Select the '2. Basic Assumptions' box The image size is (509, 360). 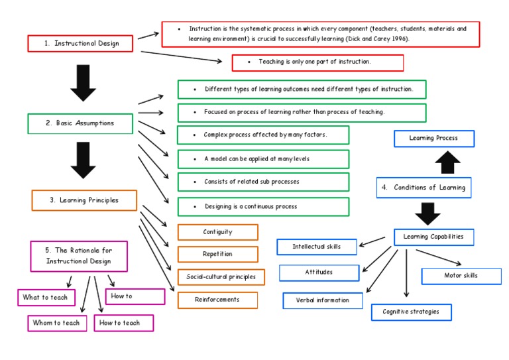(x=80, y=123)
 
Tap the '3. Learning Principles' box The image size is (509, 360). (x=84, y=200)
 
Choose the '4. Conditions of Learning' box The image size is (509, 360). (x=424, y=188)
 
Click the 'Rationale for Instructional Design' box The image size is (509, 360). (x=79, y=256)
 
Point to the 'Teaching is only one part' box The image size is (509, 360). (x=317, y=62)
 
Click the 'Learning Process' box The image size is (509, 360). (x=434, y=139)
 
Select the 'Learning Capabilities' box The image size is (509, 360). (x=433, y=237)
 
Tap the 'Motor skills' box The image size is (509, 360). (x=461, y=276)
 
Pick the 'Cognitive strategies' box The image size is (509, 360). (x=411, y=312)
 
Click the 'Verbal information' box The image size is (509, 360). (x=323, y=300)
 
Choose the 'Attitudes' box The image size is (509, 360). (x=319, y=272)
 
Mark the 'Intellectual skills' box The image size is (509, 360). (x=317, y=247)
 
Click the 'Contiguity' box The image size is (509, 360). (x=217, y=232)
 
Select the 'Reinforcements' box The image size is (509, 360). (x=217, y=300)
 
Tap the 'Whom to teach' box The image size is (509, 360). (x=57, y=323)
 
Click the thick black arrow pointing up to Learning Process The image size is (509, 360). (x=447, y=162)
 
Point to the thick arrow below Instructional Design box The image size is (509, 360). (x=84, y=82)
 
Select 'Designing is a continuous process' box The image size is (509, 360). (x=263, y=207)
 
